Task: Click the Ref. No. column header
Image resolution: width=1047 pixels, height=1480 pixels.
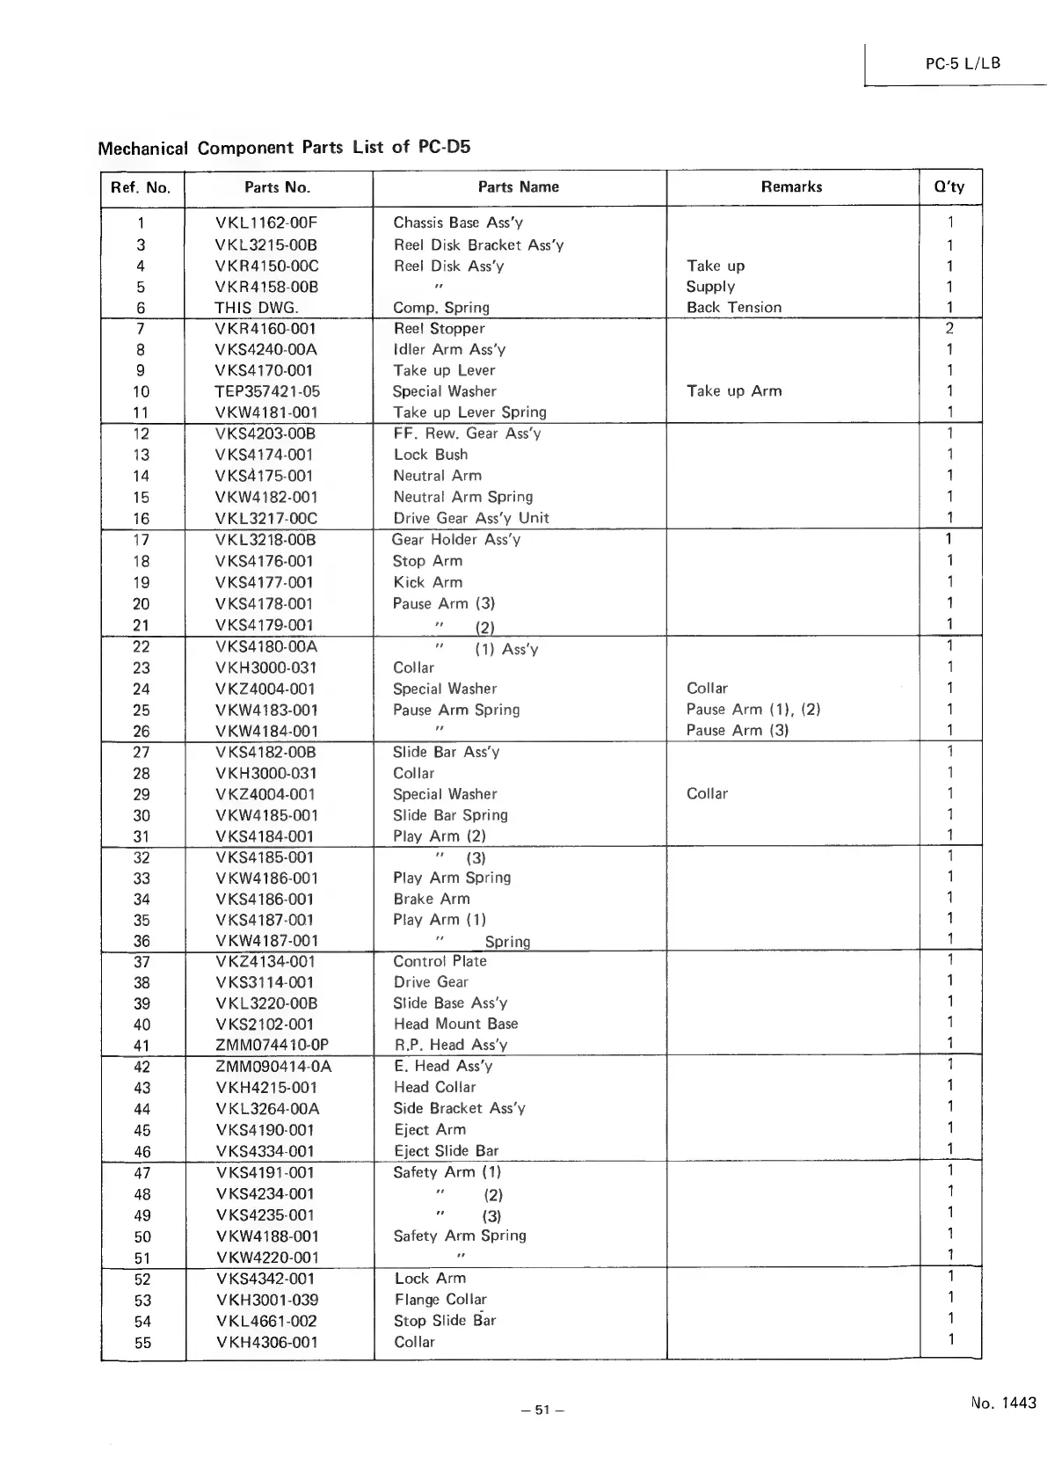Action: click(141, 187)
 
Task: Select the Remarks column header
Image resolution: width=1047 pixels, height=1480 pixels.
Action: click(791, 186)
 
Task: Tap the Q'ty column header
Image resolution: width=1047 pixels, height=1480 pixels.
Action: click(949, 186)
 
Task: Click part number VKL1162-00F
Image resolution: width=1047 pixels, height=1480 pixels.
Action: click(266, 223)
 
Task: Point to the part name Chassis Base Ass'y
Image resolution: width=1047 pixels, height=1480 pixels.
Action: click(457, 223)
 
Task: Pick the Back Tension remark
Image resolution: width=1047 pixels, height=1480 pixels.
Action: click(733, 308)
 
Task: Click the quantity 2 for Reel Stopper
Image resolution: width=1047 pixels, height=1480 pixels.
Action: click(949, 329)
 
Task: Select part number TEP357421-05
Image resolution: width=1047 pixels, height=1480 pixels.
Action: click(267, 392)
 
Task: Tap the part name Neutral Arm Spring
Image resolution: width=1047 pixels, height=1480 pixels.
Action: click(462, 497)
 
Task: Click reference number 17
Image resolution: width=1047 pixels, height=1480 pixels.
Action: click(141, 540)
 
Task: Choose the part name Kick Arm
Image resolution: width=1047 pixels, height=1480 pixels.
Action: click(427, 582)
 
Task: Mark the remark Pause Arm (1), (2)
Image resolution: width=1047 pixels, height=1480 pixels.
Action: click(753, 710)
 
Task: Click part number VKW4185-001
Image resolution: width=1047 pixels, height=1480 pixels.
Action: click(266, 815)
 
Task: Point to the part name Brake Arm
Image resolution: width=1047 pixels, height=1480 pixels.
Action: click(431, 899)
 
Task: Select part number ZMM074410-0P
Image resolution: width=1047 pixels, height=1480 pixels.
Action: click(272, 1046)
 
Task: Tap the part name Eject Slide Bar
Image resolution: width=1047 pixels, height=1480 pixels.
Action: click(446, 1151)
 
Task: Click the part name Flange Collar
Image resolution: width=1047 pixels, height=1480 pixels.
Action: click(440, 1300)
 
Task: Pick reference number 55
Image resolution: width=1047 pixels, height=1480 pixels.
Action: click(142, 1343)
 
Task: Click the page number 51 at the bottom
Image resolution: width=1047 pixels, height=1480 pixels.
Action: click(542, 1411)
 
